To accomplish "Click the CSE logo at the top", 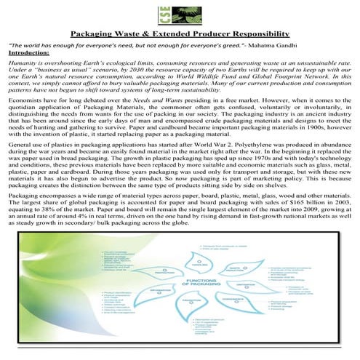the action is coord(180,15).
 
